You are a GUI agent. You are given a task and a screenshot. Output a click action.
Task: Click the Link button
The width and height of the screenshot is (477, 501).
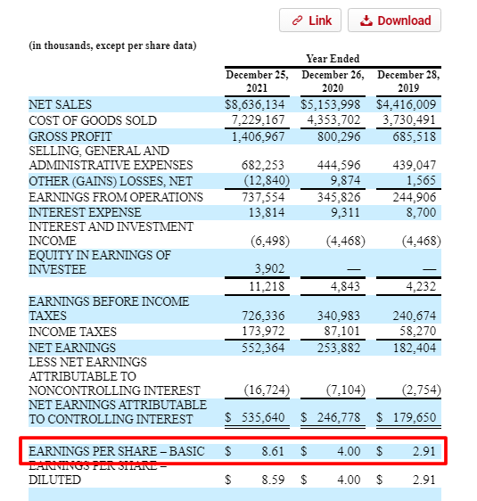tap(306, 21)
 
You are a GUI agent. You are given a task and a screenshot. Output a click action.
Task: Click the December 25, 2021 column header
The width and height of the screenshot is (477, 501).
tap(257, 82)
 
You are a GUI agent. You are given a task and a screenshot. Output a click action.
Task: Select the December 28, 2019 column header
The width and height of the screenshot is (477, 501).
tap(407, 82)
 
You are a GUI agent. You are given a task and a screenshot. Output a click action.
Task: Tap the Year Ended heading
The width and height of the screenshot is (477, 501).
tap(332, 58)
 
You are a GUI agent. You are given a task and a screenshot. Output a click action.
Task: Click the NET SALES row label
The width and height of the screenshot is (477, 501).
tap(60, 105)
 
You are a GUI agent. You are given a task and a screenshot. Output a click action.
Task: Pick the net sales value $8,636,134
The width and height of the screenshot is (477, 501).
tap(256, 105)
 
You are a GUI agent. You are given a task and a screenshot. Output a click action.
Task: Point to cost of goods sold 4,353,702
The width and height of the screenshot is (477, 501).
tap(333, 120)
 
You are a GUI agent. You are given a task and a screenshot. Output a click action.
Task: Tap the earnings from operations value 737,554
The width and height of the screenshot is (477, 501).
tap(264, 197)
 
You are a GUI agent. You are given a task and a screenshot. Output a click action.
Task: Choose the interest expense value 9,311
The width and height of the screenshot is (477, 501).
tap(342, 212)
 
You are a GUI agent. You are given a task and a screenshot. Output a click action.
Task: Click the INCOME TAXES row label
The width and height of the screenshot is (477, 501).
tap(71, 332)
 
